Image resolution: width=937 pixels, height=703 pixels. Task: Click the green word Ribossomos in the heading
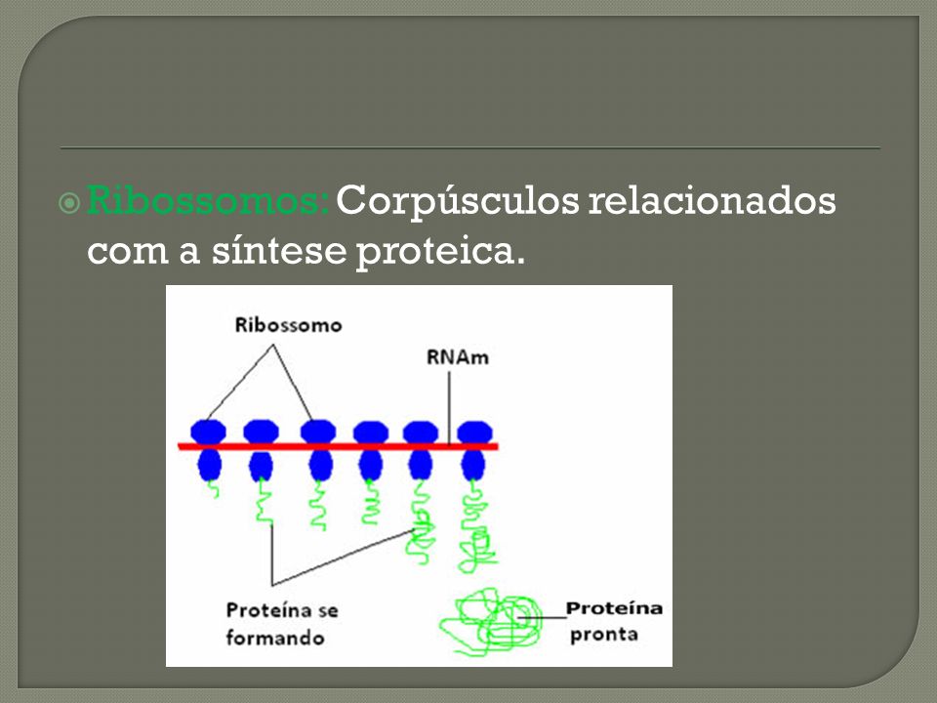point(207,199)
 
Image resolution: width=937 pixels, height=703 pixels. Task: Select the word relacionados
point(712,199)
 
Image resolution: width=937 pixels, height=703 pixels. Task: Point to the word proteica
point(440,252)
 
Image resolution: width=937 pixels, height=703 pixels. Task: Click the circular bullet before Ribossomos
point(69,203)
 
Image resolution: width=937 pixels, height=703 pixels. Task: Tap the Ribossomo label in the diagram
point(288,324)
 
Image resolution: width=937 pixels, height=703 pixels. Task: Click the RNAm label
point(457,357)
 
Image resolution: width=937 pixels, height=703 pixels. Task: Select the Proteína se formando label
point(281,624)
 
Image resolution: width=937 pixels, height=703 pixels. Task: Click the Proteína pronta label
point(614,621)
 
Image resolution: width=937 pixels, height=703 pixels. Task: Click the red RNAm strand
point(339,446)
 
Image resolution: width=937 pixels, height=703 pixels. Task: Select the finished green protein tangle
point(491,622)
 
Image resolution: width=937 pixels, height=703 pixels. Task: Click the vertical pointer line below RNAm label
point(449,408)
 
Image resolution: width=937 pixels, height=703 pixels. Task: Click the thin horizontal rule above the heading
point(470,147)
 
